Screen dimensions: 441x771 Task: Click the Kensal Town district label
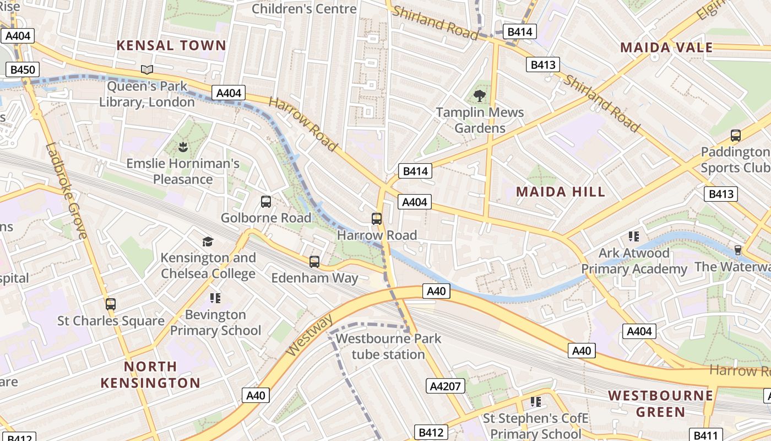point(171,45)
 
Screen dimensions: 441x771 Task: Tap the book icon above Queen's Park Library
point(146,69)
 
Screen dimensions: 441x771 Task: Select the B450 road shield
point(23,69)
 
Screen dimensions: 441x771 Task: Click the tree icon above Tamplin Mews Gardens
point(480,95)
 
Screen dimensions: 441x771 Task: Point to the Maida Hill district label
point(560,192)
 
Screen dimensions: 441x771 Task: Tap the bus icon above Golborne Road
point(266,202)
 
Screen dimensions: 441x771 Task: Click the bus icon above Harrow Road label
point(377,219)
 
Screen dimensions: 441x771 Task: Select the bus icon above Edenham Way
point(314,262)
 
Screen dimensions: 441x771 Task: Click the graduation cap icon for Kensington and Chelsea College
point(208,241)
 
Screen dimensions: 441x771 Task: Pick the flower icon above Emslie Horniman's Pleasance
point(182,147)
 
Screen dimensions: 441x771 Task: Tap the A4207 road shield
point(444,386)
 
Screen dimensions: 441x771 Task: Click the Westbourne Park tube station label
point(388,346)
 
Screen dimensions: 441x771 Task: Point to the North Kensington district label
point(150,374)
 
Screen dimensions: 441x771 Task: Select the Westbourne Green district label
point(660,404)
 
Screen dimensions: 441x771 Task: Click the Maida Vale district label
point(666,47)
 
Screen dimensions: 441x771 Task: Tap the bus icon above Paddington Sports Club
point(735,135)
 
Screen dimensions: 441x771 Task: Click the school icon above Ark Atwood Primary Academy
point(634,236)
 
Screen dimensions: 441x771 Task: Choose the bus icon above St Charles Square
point(111,304)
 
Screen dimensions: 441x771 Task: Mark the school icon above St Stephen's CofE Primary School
point(535,402)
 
